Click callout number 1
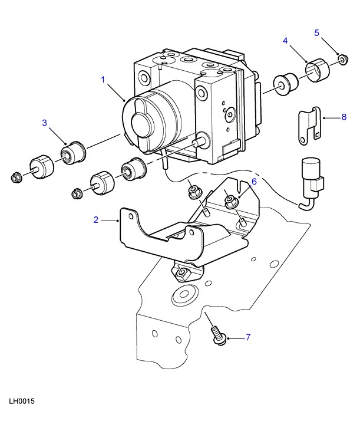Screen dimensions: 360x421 [x=103, y=80]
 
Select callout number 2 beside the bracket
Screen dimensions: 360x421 [x=96, y=220]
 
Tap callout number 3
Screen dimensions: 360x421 [x=45, y=123]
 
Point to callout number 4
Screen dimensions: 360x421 [x=285, y=41]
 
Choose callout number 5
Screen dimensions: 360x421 [x=317, y=33]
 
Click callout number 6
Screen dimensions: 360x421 [x=254, y=182]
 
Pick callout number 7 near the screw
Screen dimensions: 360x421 [x=248, y=337]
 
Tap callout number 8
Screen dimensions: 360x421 [x=344, y=117]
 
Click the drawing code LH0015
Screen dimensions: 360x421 [x=22, y=402]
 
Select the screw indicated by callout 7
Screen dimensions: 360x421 [x=219, y=336]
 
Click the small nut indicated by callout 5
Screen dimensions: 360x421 [x=344, y=60]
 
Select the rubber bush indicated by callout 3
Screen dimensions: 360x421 [x=73, y=153]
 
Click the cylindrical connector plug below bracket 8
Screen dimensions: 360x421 [x=312, y=179]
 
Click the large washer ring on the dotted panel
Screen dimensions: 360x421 [x=184, y=294]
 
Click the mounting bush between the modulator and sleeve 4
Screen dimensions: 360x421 [x=286, y=84]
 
